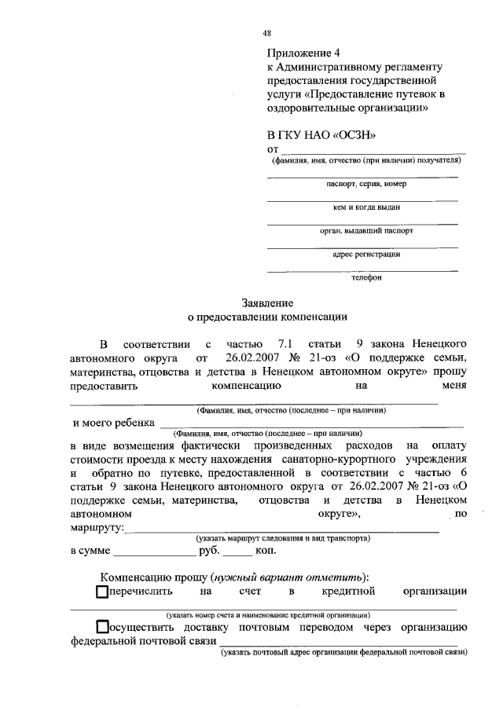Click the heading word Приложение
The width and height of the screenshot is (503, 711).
point(299,54)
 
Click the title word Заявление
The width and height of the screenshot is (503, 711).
point(266,303)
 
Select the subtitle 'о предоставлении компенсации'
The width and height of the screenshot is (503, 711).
point(266,318)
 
